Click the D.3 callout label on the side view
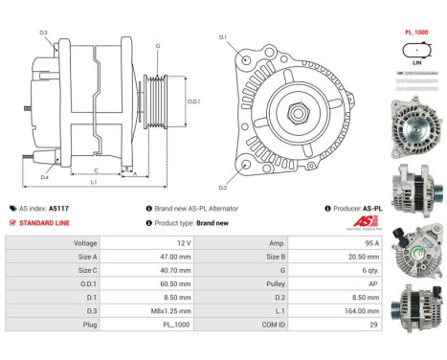pyautogui.click(x=44, y=34)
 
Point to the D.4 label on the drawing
pyautogui.click(x=44, y=177)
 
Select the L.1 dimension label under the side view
pyautogui.click(x=93, y=182)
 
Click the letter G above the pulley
pyautogui.click(x=158, y=46)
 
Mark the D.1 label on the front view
pyautogui.click(x=223, y=37)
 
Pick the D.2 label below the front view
pyautogui.click(x=223, y=187)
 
